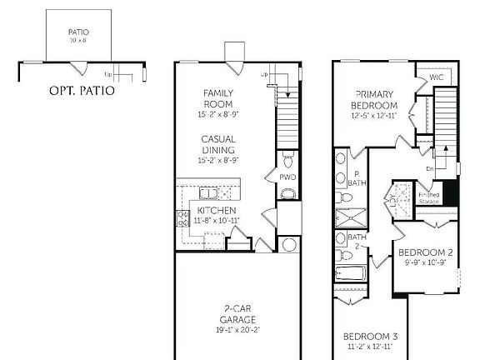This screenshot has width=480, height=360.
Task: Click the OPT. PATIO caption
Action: pos(81,90)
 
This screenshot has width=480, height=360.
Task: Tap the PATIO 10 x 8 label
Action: pos(77,37)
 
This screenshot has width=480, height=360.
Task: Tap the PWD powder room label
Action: pos(287,177)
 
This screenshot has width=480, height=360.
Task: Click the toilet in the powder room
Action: pos(287,158)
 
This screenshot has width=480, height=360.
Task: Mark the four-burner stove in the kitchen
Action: pos(182,218)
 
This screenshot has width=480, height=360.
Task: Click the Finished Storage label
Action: pos(428,197)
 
